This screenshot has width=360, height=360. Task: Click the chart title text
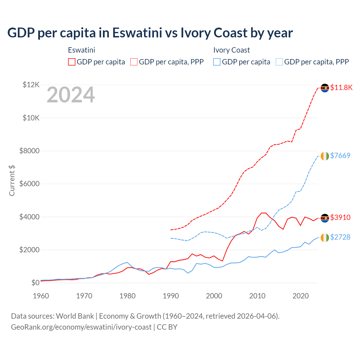(x=150, y=33)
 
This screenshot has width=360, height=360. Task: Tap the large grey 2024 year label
(x=71, y=95)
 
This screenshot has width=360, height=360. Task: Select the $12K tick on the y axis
(x=31, y=85)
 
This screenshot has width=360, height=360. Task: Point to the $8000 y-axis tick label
(x=29, y=151)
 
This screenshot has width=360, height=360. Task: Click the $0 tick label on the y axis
(x=35, y=283)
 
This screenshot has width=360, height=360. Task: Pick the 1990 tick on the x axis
(x=171, y=296)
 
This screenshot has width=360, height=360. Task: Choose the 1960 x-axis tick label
(x=41, y=296)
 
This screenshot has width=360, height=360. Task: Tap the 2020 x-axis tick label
(x=301, y=296)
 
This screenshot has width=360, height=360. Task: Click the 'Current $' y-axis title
(x=12, y=181)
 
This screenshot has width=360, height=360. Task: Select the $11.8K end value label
(x=341, y=87)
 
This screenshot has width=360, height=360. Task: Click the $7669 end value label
(x=340, y=156)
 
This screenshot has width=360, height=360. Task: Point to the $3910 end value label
(x=340, y=217)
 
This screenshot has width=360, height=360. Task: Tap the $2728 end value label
(x=340, y=237)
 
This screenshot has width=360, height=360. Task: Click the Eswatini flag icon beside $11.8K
(x=325, y=88)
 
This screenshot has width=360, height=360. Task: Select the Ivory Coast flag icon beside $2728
(x=325, y=237)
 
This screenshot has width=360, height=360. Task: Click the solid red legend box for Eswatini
(x=72, y=62)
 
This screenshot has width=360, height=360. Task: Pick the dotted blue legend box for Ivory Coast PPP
(x=279, y=62)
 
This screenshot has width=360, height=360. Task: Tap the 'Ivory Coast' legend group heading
(x=231, y=50)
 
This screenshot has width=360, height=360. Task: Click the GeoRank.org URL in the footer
(x=81, y=327)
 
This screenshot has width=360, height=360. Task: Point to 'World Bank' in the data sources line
(x=75, y=316)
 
